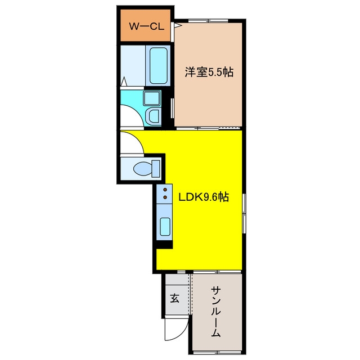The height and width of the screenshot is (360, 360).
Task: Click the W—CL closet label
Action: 146,26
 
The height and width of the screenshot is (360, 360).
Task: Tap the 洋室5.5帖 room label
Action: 209,72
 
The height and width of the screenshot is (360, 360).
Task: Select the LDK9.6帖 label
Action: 204,197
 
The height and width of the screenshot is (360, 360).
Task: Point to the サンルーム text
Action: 216,312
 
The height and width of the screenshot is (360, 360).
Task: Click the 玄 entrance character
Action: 175,298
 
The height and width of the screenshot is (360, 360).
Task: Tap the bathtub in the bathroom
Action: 158,66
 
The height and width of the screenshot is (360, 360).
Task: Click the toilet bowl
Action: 142,168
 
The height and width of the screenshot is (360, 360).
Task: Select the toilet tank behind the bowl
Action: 156,169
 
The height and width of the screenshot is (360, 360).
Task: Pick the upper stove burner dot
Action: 165,190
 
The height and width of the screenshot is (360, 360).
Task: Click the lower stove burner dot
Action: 165,197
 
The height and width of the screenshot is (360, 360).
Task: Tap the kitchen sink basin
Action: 165,226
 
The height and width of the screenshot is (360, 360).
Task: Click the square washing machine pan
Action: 151,98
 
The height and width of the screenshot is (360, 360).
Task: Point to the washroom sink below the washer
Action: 153,116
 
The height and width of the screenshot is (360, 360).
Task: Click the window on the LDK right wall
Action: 244,214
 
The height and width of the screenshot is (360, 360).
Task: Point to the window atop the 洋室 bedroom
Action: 208,21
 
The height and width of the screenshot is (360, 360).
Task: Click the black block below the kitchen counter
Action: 164,245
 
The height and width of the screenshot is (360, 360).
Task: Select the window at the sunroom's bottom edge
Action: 217,352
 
